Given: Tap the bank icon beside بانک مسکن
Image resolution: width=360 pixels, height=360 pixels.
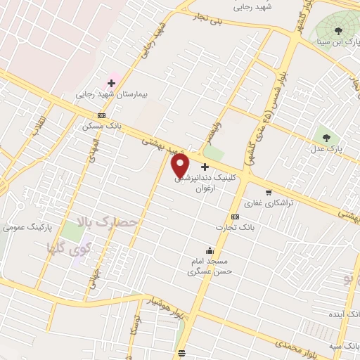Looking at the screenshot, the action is (x=102, y=115).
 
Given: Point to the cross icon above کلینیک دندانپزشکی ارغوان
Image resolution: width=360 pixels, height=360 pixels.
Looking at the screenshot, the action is (x=205, y=167).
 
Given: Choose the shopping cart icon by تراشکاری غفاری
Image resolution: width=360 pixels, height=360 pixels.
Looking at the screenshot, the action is (x=268, y=192).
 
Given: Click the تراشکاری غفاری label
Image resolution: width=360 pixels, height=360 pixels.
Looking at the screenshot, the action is (x=274, y=202).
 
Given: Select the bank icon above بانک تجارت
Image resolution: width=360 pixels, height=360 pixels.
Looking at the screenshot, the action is (x=235, y=217).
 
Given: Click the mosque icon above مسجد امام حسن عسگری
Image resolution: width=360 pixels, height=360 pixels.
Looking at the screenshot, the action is (x=210, y=250).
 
